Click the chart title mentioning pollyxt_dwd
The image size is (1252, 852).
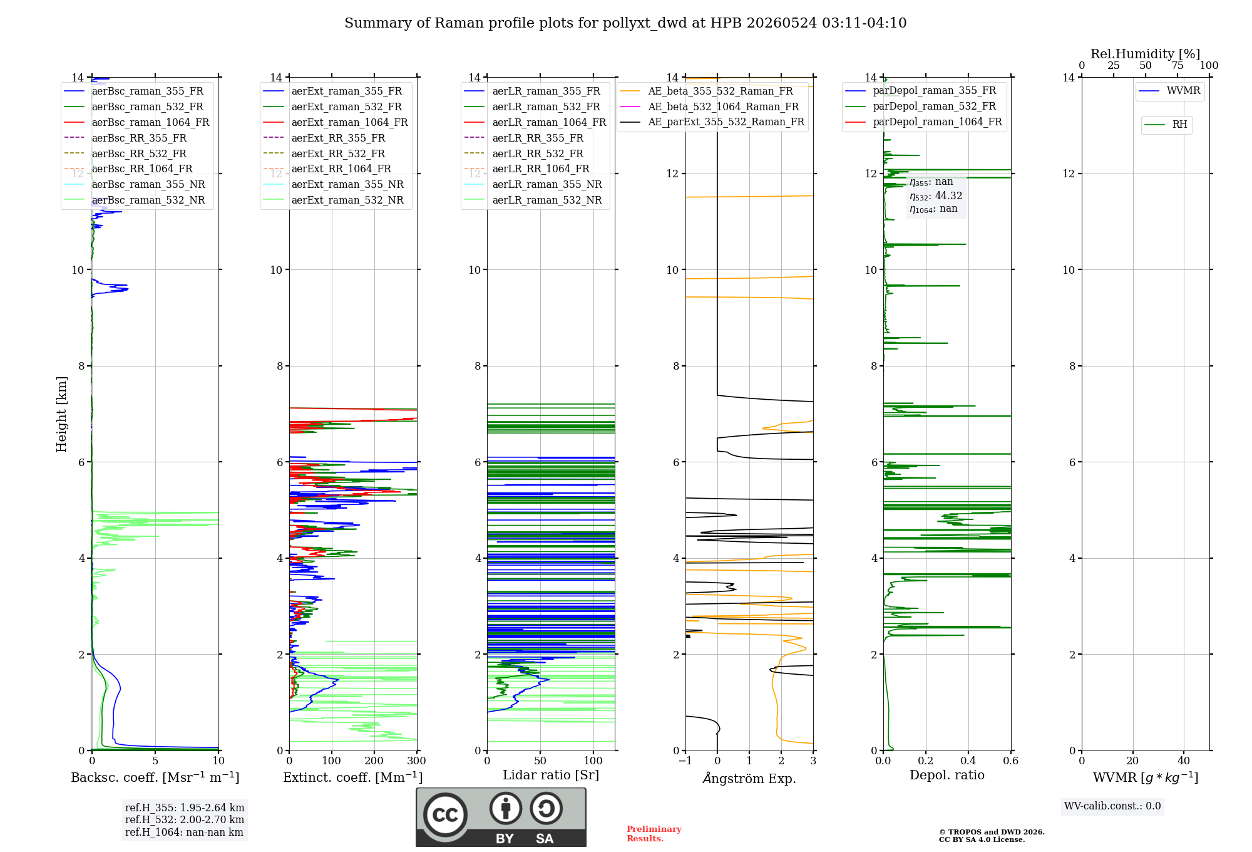click(625, 23)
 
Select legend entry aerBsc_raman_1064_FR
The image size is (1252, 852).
click(150, 122)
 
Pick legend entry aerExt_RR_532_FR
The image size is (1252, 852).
click(338, 153)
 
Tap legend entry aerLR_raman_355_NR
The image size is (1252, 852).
click(547, 184)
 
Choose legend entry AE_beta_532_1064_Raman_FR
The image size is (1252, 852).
click(724, 106)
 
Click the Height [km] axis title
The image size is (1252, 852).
click(61, 414)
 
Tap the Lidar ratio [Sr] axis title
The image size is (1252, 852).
click(551, 776)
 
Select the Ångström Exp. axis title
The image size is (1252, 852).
click(749, 778)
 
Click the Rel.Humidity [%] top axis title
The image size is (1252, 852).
click(1146, 54)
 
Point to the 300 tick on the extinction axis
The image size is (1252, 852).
click(416, 761)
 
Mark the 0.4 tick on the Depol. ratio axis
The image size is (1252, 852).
click(968, 761)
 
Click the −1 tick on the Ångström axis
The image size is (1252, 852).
click(685, 761)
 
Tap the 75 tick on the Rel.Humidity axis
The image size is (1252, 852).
click(1178, 66)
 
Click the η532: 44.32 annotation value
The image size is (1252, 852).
click(936, 196)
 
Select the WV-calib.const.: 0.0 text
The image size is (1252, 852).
click(1112, 806)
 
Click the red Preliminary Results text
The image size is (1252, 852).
click(654, 834)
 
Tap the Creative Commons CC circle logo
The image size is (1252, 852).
click(445, 814)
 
